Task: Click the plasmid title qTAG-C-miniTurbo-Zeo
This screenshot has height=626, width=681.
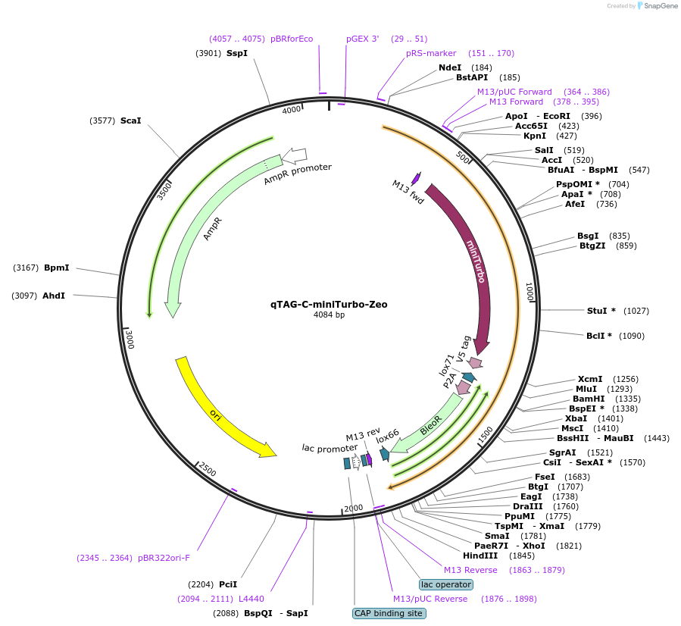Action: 329,305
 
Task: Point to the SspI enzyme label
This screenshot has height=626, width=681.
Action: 237,53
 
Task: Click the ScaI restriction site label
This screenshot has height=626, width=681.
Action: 130,121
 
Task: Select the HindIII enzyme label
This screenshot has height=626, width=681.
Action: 483,555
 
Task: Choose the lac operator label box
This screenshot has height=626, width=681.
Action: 445,584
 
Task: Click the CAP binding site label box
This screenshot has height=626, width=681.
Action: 388,613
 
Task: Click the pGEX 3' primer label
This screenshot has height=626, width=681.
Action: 362,39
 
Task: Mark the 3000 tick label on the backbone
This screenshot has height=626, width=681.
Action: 129,338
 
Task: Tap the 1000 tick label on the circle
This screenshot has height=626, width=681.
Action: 529,292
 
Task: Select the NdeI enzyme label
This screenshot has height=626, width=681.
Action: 450,67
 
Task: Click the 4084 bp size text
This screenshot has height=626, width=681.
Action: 329,315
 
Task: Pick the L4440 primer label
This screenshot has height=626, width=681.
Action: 251,599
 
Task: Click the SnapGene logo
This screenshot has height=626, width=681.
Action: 658,6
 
